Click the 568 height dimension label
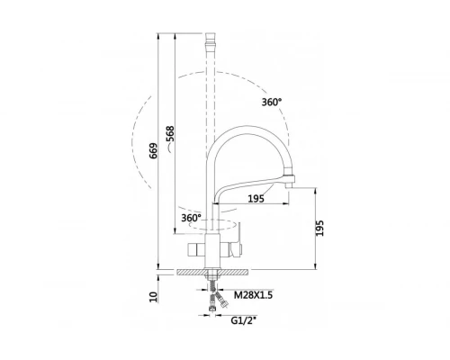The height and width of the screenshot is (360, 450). (x=170, y=134)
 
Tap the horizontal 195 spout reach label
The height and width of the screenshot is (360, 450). (x=256, y=198)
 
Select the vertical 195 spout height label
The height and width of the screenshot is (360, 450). (x=320, y=229)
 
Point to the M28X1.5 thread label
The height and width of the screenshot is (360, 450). (x=253, y=295)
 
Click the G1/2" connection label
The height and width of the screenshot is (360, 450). (x=243, y=320)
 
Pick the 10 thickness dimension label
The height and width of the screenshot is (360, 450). (x=153, y=297)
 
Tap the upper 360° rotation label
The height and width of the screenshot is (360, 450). (x=272, y=102)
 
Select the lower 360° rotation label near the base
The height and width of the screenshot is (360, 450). (x=191, y=218)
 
